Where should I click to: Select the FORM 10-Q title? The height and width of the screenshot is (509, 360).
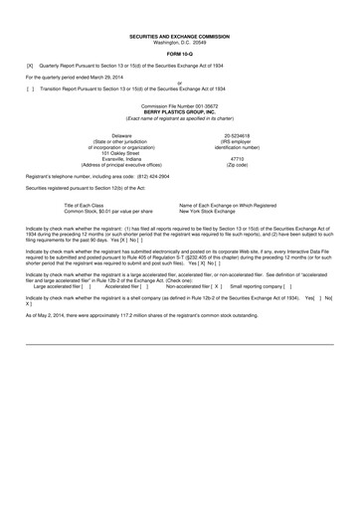pyautogui.click(x=180, y=53)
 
